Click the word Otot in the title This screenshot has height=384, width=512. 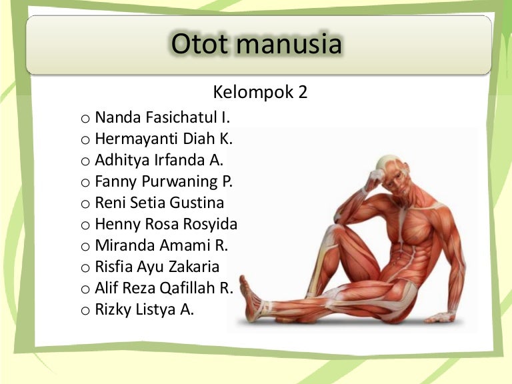pyautogui.click(x=199, y=45)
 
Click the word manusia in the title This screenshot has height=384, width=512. pyautogui.click(x=289, y=45)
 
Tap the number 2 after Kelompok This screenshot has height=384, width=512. pyautogui.click(x=302, y=92)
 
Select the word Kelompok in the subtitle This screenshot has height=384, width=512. pyautogui.click(x=253, y=92)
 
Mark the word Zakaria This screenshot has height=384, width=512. pyautogui.click(x=193, y=267)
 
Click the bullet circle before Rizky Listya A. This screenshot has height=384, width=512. pyautogui.click(x=85, y=310)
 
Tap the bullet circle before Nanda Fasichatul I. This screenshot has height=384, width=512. pyautogui.click(x=85, y=119)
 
